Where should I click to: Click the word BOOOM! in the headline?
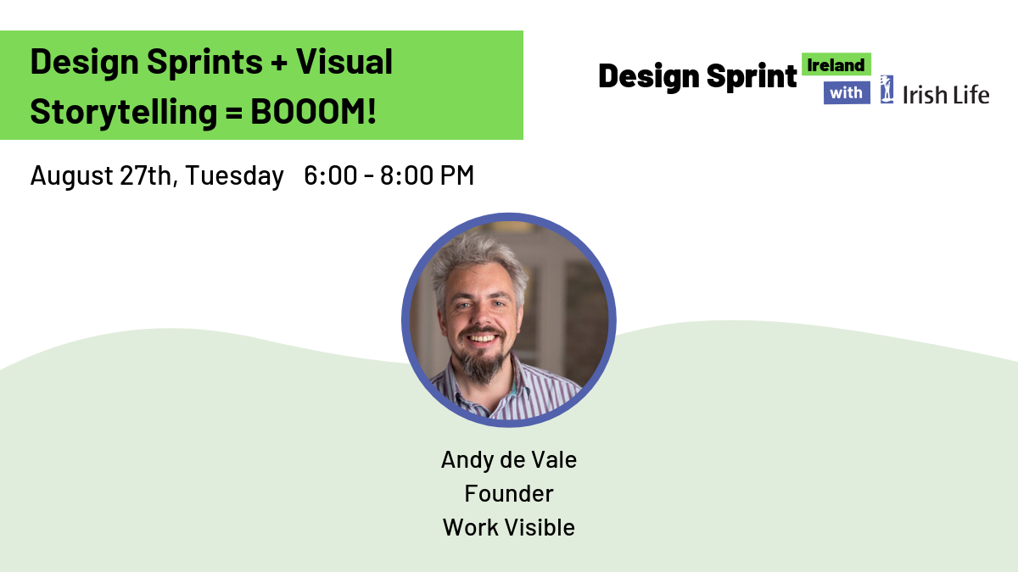coord(314,112)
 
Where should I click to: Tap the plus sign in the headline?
coord(279,63)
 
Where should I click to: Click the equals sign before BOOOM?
coord(233,112)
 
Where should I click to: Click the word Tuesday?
coord(234,176)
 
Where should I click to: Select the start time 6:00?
coord(330,175)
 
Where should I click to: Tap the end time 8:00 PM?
coord(428,175)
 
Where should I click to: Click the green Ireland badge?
coord(836,64)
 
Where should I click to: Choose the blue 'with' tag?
coord(847,92)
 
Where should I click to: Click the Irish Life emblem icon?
coord(887,90)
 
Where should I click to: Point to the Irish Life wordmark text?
coord(946,95)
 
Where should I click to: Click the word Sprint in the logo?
coord(752,75)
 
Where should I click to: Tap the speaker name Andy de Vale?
coord(509,460)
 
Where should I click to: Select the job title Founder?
coord(509,493)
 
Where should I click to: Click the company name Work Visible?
coord(509,527)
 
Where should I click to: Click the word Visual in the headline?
coord(344,62)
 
